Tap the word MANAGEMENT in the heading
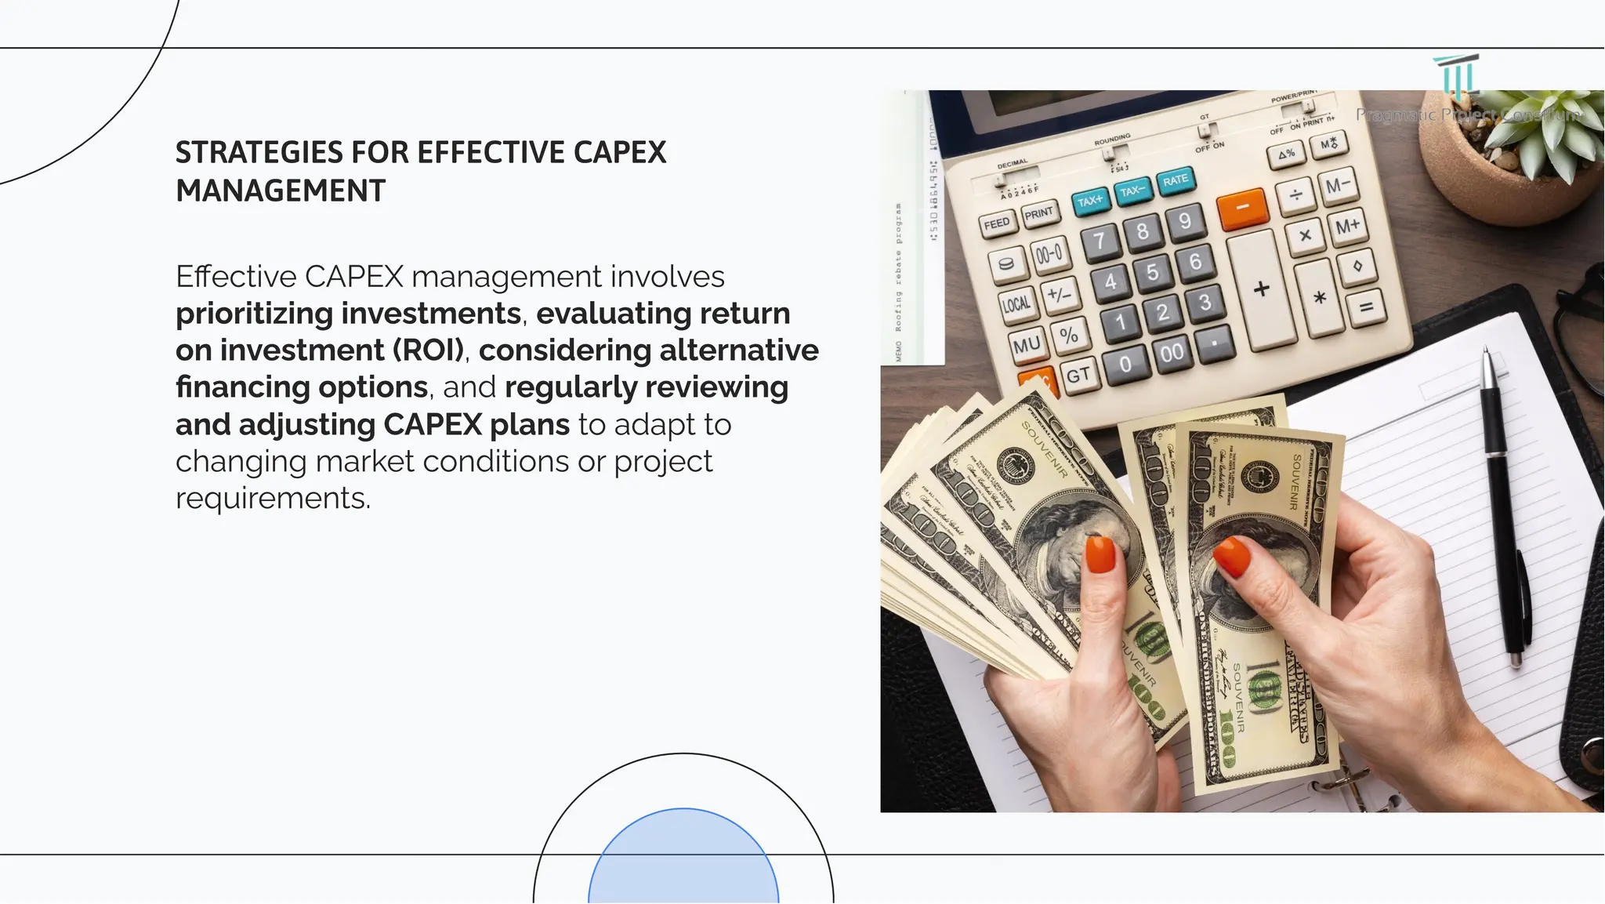click(281, 191)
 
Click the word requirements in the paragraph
click(271, 499)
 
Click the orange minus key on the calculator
click(1242, 208)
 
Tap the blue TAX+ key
click(1090, 201)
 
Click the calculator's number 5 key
click(1152, 273)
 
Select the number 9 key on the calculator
click(1185, 221)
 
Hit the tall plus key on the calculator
click(1261, 289)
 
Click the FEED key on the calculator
click(997, 223)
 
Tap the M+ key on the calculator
click(1347, 227)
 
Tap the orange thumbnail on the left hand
click(1100, 555)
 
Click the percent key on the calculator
click(1068, 336)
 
